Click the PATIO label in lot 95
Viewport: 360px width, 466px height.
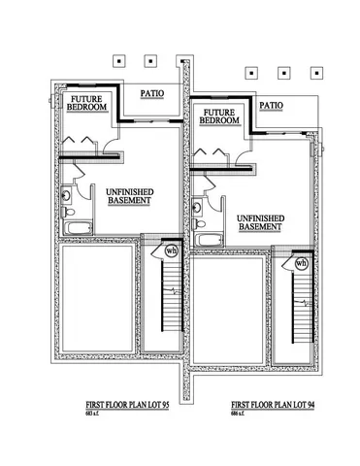pyautogui.click(x=151, y=93)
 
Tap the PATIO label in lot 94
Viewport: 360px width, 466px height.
pyautogui.click(x=272, y=105)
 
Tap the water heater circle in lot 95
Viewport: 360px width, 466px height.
pyautogui.click(x=172, y=250)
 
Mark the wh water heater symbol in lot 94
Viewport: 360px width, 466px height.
pyautogui.click(x=301, y=262)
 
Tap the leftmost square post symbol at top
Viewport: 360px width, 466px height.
pyautogui.click(x=118, y=60)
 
